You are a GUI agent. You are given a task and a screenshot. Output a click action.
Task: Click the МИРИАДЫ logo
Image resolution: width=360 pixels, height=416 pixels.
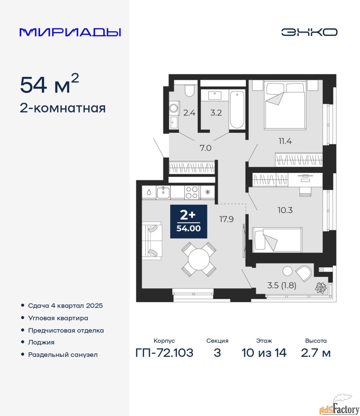(70, 32)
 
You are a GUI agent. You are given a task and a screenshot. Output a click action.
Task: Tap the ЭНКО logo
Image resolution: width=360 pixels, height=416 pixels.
(309, 32)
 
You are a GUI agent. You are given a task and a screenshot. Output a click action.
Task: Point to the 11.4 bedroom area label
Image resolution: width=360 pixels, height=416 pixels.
(285, 141)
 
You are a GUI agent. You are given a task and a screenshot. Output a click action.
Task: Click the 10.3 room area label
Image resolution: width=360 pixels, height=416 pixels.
(285, 210)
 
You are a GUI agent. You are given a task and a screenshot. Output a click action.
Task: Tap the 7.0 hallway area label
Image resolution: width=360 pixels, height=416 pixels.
(205, 148)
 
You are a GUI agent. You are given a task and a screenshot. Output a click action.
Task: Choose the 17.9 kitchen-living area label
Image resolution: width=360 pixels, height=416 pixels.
(226, 219)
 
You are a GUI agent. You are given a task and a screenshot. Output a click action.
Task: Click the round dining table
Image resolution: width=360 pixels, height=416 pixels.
(199, 259)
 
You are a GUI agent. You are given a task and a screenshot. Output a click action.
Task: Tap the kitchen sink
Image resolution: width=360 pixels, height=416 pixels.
(163, 192)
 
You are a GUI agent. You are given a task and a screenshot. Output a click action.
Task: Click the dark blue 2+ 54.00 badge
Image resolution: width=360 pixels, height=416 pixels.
(189, 221)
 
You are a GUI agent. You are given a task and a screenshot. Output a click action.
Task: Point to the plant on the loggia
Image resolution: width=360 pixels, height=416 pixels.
(321, 288)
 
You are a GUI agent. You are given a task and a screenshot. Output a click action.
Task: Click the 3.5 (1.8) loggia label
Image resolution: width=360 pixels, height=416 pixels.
(282, 285)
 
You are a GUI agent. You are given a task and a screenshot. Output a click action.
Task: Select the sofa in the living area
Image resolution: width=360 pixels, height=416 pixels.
(152, 241)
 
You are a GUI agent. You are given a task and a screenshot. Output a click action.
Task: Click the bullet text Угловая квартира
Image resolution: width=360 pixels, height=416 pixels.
(58, 318)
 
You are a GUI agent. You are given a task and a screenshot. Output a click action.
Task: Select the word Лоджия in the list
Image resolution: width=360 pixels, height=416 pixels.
(41, 342)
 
